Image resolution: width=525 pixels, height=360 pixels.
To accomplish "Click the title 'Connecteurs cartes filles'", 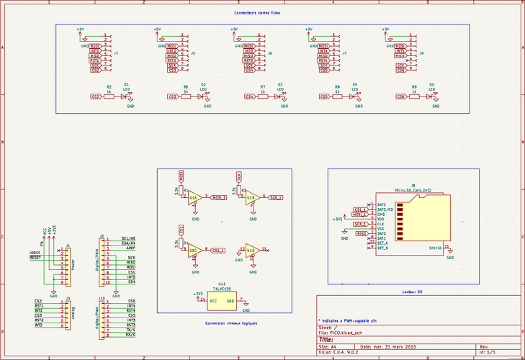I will pyautogui.click(x=263, y=14).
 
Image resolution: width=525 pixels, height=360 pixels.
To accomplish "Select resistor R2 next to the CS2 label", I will pyautogui.click(x=109, y=96).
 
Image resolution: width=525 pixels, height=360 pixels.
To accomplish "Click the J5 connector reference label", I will pyautogui.click(x=193, y=53).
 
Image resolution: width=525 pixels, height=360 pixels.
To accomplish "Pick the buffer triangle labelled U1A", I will pyautogui.click(x=193, y=197).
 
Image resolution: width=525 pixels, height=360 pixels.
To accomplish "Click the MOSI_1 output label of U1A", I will pyautogui.click(x=218, y=197).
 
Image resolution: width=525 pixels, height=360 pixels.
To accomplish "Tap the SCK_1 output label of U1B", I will pyautogui.click(x=276, y=197).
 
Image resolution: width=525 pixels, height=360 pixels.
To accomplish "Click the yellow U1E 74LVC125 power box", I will pyautogui.click(x=222, y=300).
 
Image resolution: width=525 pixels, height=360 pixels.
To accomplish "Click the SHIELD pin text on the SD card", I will pyautogui.click(x=434, y=247).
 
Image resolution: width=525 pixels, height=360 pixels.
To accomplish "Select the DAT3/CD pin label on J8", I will pyautogui.click(x=385, y=210).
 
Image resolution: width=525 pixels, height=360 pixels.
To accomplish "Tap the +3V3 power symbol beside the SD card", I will pyautogui.click(x=337, y=217).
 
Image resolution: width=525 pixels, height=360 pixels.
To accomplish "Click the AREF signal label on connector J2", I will pyautogui.click(x=131, y=247).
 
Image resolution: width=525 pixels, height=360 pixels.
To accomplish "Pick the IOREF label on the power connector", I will pyautogui.click(x=34, y=252).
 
